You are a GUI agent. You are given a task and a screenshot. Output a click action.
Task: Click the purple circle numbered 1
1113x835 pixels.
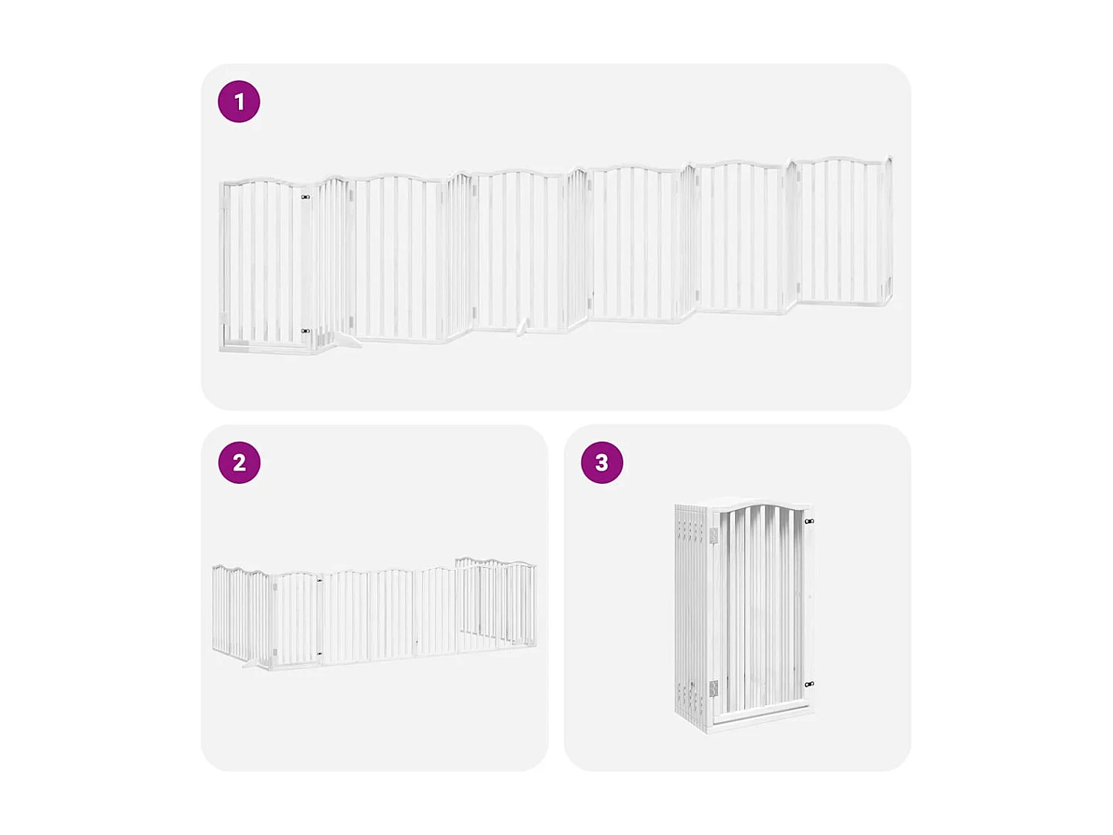coord(239,102)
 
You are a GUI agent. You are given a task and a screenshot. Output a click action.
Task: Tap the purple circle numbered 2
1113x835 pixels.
coord(239,462)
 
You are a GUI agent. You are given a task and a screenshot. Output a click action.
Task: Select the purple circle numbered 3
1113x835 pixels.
coord(602,462)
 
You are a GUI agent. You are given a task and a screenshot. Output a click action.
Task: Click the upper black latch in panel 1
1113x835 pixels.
coord(305,197)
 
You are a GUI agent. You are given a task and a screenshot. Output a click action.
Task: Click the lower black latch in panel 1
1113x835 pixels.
coord(305,331)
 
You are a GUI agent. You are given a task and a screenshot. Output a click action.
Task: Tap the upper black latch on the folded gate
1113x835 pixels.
coord(810,522)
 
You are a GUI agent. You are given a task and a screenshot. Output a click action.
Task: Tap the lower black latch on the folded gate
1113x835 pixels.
coord(810,684)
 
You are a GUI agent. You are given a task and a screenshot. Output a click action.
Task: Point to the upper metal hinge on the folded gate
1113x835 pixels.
coord(713,535)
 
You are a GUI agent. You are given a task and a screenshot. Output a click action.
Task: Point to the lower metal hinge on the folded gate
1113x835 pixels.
coord(713,689)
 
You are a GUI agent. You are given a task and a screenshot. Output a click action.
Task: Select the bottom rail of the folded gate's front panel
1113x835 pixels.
coord(761,714)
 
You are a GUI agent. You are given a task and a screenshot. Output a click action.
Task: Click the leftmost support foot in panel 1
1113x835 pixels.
coord(345,340)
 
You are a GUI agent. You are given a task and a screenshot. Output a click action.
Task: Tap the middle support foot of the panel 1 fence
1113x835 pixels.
coord(523,327)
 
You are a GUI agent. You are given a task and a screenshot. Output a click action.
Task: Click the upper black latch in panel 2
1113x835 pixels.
coord(320,581)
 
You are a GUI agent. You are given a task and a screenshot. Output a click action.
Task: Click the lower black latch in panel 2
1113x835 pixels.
coord(320,653)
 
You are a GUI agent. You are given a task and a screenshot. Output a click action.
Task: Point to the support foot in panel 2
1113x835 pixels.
coord(252,663)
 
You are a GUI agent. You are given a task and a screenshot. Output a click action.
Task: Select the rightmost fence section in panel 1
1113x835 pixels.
coord(842,232)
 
